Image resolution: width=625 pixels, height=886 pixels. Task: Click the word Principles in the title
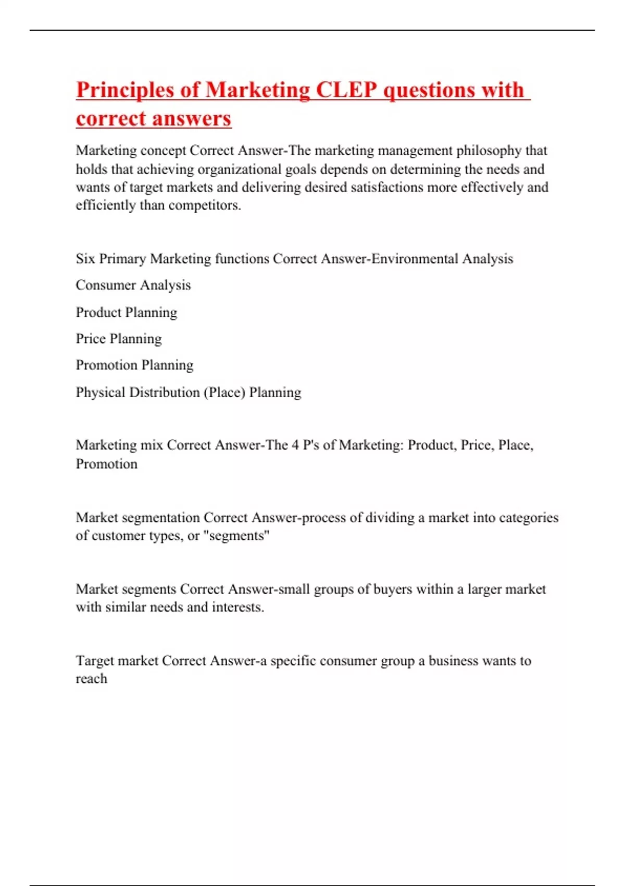coord(125,90)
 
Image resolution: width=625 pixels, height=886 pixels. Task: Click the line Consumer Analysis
coord(133,285)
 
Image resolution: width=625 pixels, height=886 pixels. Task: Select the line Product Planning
coord(127,312)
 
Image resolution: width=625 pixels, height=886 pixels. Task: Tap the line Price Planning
coord(119,339)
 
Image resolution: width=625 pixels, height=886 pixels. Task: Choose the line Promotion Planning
coord(134,365)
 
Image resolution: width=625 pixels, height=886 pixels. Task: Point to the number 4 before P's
coord(295,445)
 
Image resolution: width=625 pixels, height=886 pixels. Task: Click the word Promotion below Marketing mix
coord(107,464)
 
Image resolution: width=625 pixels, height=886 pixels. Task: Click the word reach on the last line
coord(91,679)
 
